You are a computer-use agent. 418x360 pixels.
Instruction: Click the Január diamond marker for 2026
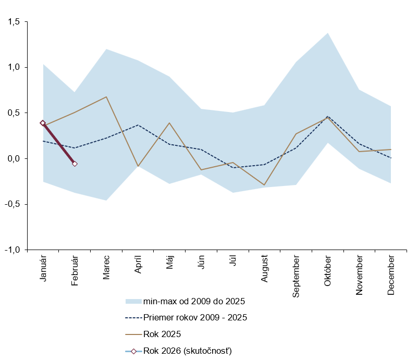pos(43,123)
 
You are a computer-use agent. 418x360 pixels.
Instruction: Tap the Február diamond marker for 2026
pos(75,164)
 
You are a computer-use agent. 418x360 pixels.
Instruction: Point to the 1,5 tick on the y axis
pos(13,22)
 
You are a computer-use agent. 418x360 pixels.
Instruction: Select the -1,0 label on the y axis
pos(12,250)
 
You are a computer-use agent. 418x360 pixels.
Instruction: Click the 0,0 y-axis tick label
pos(13,158)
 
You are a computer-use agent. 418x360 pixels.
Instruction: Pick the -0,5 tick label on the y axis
pos(12,204)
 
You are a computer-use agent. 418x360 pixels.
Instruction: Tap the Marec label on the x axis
pos(106,267)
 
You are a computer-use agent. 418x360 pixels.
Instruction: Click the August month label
pos(265,269)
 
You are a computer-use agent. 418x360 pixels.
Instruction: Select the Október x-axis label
pos(328,270)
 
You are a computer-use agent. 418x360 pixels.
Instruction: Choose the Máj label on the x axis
pos(170,263)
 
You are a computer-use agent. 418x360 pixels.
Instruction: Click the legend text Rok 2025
pos(162,334)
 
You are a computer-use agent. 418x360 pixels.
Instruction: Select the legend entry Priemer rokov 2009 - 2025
pos(194,317)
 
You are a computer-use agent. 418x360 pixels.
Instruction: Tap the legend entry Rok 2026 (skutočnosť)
pos(187,351)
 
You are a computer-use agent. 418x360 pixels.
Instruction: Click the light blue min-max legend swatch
pos(133,301)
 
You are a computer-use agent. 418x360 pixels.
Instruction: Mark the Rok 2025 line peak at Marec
pos(106,97)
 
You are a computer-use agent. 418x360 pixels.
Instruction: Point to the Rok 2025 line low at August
pos(265,185)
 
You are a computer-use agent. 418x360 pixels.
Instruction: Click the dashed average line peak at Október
pos(328,116)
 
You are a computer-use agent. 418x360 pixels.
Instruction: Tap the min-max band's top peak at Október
pos(328,33)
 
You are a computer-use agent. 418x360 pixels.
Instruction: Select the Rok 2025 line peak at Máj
pos(170,123)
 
